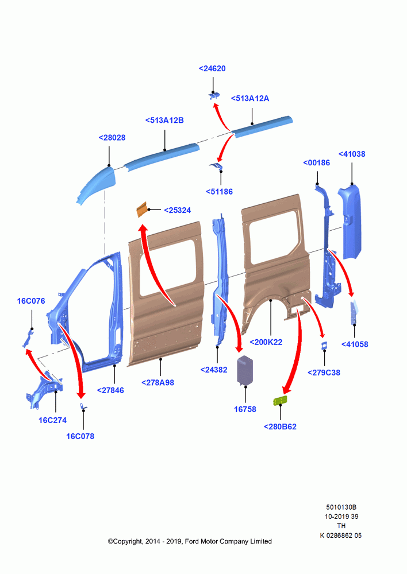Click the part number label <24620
[212, 68]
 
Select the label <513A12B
[164, 120]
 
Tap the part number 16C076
[31, 301]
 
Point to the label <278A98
[158, 382]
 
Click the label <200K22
[266, 342]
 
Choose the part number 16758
[245, 409]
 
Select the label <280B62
[280, 426]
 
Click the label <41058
[355, 344]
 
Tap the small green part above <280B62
[280, 401]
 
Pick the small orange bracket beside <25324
[141, 209]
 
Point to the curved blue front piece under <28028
[97, 185]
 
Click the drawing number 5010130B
[341, 507]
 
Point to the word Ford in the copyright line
[192, 541]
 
